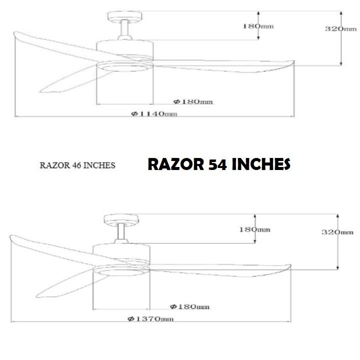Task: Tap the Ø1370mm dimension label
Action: [150, 319]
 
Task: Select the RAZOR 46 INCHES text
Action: [77, 165]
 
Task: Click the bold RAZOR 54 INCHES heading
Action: [218, 164]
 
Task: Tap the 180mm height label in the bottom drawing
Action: [255, 229]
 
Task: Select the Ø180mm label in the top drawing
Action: [193, 101]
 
